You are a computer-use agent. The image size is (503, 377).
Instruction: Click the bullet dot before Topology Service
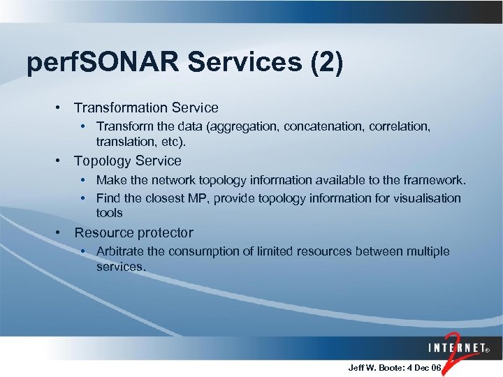pyautogui.click(x=61, y=161)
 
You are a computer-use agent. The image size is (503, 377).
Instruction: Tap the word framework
pyautogui.click(x=436, y=180)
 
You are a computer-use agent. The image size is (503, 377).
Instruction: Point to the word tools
pyautogui.click(x=109, y=212)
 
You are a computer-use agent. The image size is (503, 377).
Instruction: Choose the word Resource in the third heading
pyautogui.click(x=102, y=232)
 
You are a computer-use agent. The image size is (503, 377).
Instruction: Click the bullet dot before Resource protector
pyautogui.click(x=61, y=232)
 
